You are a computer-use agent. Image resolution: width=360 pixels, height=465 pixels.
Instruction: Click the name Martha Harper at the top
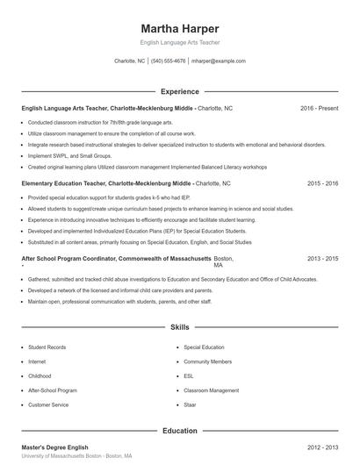click(179, 28)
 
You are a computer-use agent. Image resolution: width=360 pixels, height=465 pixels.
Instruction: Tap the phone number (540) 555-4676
click(169, 61)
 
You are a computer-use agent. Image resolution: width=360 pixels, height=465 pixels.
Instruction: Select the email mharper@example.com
click(218, 61)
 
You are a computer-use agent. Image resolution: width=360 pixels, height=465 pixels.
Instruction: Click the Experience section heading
click(179, 91)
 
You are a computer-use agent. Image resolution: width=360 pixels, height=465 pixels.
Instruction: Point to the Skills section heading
click(179, 327)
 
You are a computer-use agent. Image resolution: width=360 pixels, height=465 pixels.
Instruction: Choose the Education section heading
click(179, 431)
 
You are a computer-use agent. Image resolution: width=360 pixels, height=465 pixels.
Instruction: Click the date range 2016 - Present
click(319, 108)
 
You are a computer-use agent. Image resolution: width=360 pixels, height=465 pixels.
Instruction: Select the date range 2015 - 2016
click(322, 184)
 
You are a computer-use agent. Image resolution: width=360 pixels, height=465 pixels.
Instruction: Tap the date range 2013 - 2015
click(322, 260)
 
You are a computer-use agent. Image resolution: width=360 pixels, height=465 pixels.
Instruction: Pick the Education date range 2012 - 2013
click(322, 447)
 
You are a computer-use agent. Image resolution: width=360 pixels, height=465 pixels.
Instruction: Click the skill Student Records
click(48, 347)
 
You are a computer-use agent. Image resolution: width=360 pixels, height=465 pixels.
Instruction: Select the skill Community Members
click(208, 361)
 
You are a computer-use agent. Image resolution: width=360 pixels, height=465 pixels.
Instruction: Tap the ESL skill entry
click(188, 376)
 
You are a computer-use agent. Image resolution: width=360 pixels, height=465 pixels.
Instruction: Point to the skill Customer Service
click(48, 404)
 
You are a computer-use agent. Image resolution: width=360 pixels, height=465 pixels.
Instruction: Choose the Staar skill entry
click(191, 404)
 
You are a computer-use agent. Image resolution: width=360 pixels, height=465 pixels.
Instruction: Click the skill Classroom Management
click(211, 390)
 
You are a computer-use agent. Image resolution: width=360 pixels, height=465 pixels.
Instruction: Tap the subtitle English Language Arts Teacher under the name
click(179, 42)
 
